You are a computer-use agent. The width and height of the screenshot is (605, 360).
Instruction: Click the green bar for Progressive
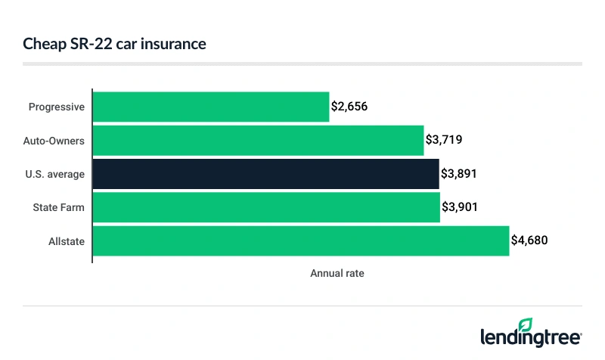pyautogui.click(x=211, y=107)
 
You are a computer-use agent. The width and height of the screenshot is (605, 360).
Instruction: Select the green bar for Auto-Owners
pyautogui.click(x=258, y=140)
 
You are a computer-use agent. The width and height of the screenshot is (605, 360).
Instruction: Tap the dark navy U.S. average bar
pyautogui.click(x=265, y=174)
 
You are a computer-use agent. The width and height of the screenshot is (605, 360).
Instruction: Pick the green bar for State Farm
pyautogui.click(x=266, y=207)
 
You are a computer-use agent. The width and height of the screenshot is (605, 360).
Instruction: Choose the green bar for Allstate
pyautogui.click(x=301, y=241)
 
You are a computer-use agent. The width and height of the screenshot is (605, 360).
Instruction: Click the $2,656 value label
pyautogui.click(x=349, y=107)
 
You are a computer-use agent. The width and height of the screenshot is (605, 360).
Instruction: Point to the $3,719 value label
pyautogui.click(x=444, y=141)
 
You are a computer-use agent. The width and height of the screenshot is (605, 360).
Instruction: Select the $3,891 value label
pyautogui.click(x=459, y=174)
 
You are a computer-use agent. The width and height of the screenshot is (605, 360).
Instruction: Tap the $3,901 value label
pyautogui.click(x=460, y=207)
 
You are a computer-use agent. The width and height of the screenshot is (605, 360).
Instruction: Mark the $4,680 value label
pyautogui.click(x=529, y=241)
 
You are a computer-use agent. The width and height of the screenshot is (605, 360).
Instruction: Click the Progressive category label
pyautogui.click(x=56, y=107)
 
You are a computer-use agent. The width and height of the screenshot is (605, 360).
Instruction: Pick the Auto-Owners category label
pyautogui.click(x=54, y=141)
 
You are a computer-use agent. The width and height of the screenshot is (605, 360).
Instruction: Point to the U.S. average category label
pyautogui.click(x=55, y=174)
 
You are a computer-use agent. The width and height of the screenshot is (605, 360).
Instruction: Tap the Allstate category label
pyautogui.click(x=66, y=241)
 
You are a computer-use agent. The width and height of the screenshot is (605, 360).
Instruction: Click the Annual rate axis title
pyautogui.click(x=337, y=273)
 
